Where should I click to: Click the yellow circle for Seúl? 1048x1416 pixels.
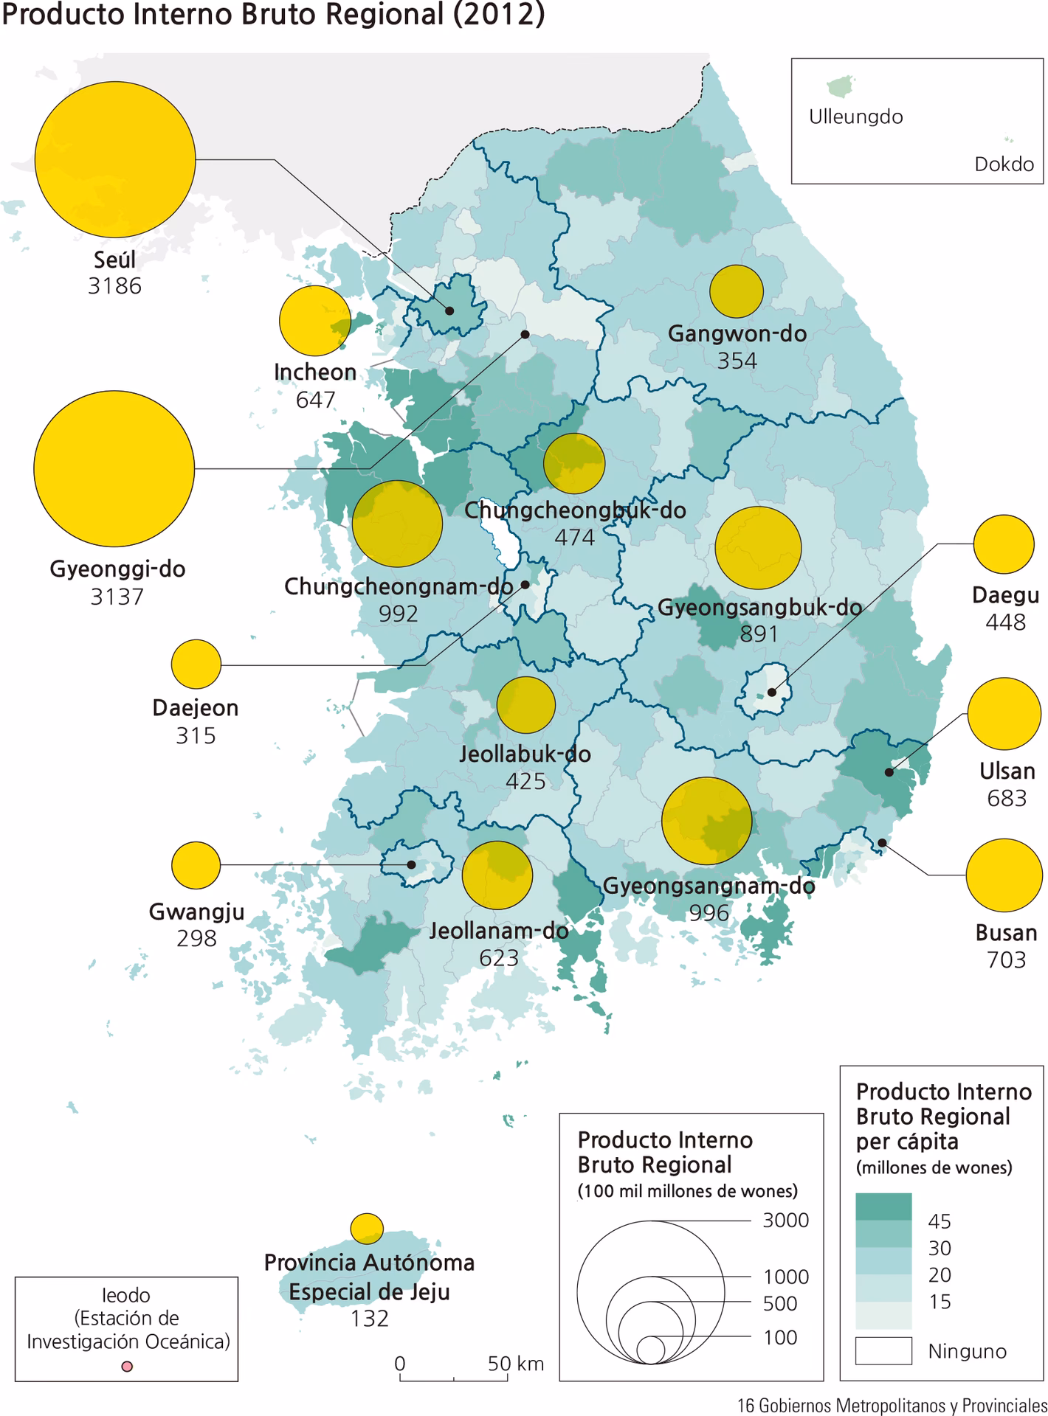click(115, 159)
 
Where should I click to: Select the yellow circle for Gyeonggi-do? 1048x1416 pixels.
click(114, 468)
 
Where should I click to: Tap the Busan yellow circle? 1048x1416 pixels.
click(1004, 875)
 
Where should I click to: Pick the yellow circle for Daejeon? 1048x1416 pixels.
click(196, 664)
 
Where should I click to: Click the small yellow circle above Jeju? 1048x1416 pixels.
click(366, 1228)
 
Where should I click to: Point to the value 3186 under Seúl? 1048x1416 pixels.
click(114, 286)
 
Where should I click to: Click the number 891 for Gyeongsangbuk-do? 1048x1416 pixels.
click(759, 634)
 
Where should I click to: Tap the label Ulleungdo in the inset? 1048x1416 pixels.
click(855, 117)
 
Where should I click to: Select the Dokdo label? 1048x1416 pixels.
click(1004, 164)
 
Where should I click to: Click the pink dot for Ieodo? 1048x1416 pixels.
click(127, 1367)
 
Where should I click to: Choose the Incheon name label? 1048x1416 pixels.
click(315, 372)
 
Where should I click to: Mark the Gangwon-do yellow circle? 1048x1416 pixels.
click(736, 291)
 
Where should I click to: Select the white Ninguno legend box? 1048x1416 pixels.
click(883, 1350)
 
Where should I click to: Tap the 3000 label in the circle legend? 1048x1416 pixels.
click(785, 1221)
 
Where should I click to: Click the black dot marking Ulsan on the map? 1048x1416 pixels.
click(889, 772)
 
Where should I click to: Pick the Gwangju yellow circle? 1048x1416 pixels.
click(196, 864)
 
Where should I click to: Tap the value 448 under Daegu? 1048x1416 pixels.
click(1005, 622)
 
